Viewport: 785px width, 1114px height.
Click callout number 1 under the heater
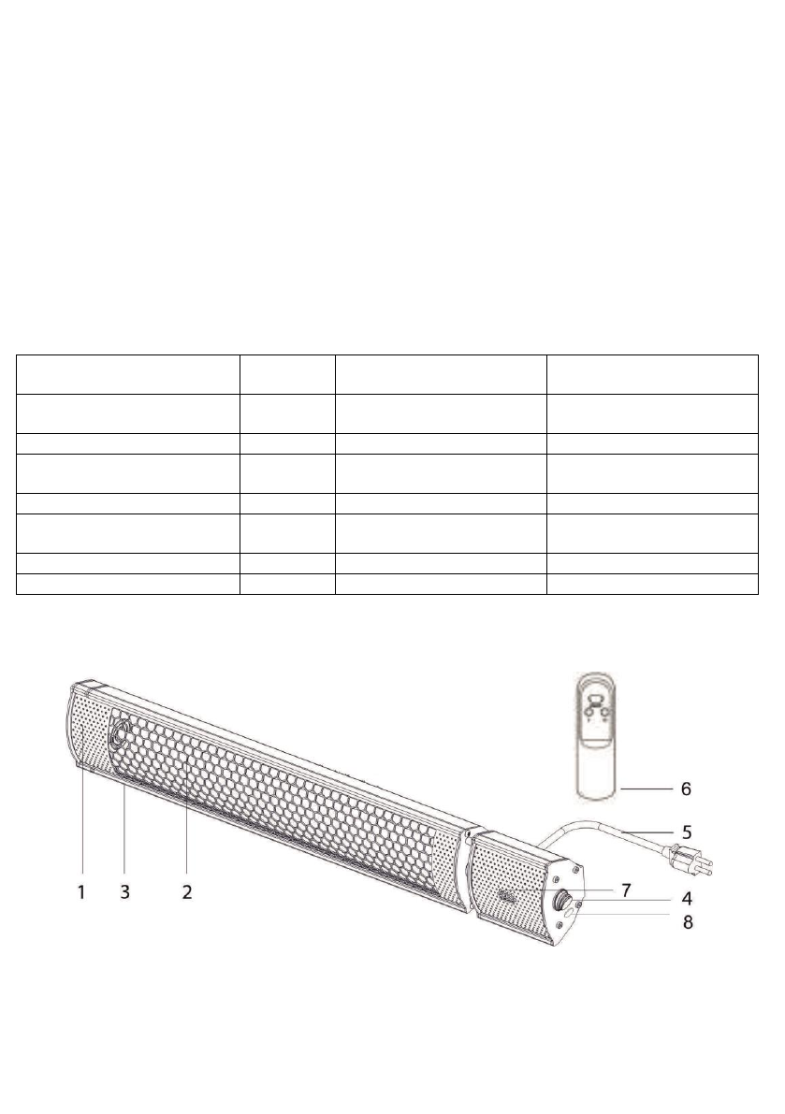pos(81,891)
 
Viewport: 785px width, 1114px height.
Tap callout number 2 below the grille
pos(187,891)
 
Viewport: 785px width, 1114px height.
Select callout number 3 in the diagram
pos(125,891)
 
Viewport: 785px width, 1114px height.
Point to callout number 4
pos(687,898)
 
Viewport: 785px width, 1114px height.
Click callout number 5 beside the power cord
pos(687,832)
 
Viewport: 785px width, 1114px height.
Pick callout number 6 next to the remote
pos(686,788)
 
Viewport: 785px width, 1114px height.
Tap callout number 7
pos(626,890)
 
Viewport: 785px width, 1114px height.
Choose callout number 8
pos(687,923)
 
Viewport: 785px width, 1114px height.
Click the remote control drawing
pos(598,737)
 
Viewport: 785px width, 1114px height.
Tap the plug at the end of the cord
pos(688,858)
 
